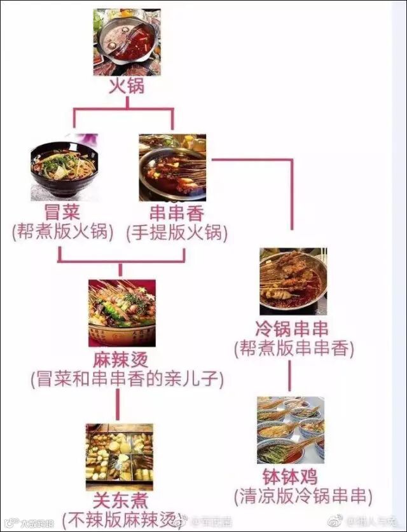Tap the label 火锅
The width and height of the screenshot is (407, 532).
coord(127,85)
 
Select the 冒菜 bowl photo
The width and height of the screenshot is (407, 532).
coord(64,167)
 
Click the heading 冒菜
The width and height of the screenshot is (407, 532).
coord(62,212)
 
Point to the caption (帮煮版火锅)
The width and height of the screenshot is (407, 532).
coord(62,233)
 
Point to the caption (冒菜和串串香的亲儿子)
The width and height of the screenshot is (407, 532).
coord(127,379)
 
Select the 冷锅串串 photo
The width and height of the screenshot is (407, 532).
coord(293,280)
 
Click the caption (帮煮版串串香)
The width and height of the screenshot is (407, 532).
coord(294,348)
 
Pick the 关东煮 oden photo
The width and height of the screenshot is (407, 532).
coord(119,453)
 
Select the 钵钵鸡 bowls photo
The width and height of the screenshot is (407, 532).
coord(291,430)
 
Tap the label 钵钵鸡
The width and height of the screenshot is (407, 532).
coord(289,477)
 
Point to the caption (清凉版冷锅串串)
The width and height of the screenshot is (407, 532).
coord(302,496)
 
